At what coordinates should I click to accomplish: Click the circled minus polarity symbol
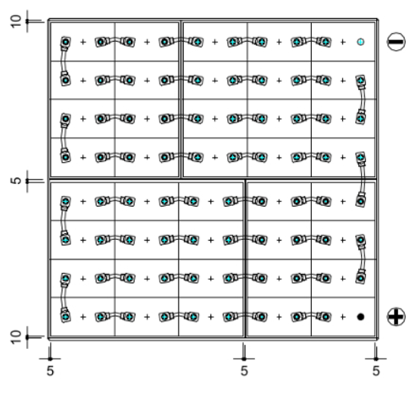396,42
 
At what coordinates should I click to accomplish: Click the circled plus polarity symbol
396,316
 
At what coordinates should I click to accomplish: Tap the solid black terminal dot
360,317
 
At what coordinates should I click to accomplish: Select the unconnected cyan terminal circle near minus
360,42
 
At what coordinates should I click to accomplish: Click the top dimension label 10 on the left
16,21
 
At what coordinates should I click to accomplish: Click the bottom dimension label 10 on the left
16,337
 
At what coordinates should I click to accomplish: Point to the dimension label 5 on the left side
16,180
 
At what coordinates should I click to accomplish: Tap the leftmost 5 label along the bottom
50,371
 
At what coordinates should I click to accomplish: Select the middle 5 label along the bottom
244,371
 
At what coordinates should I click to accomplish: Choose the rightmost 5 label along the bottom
375,371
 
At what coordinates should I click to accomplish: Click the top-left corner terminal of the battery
66,42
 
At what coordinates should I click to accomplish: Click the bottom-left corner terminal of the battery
66,317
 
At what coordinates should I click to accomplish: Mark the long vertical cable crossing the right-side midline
361,179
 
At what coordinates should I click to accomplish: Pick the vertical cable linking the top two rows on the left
64,61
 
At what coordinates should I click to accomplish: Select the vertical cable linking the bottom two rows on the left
64,297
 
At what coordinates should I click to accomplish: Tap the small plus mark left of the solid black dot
343,317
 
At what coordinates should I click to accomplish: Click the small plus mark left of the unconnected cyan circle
343,42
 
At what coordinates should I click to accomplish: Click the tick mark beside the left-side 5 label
27,180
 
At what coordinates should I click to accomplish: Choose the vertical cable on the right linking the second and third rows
362,100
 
